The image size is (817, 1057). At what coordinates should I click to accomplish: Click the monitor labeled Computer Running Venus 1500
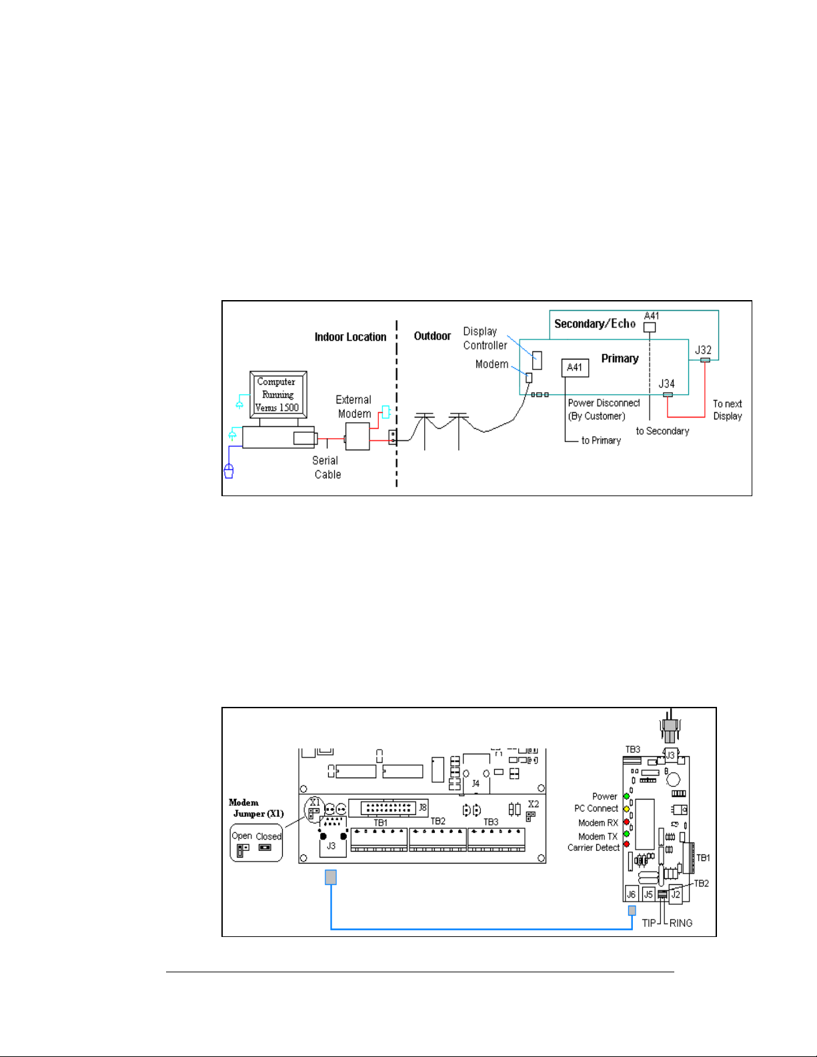tap(278, 395)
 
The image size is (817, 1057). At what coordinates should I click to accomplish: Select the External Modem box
tap(357, 437)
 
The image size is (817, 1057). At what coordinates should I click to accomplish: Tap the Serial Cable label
tap(327, 467)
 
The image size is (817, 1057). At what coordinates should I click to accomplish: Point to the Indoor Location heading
tap(350, 337)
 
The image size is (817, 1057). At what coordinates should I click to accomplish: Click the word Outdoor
tap(432, 336)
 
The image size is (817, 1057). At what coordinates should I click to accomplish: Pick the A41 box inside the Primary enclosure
tap(575, 367)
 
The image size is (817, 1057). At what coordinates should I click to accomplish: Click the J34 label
tap(667, 383)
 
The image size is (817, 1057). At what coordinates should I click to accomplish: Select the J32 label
tap(703, 349)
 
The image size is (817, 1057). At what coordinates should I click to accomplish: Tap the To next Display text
tap(727, 410)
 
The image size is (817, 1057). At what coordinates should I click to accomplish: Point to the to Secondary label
tap(662, 431)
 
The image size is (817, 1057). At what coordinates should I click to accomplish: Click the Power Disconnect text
tap(604, 403)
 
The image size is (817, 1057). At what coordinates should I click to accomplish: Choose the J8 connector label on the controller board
tap(423, 808)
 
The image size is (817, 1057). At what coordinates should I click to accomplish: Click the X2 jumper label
tap(533, 804)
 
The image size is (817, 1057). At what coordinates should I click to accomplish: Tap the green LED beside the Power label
tap(626, 796)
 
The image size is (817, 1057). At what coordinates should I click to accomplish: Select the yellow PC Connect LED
tap(626, 809)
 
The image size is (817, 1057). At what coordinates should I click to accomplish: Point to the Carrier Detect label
tap(593, 848)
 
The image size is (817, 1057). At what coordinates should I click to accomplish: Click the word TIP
tap(649, 923)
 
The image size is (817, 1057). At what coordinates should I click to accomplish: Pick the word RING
tap(680, 923)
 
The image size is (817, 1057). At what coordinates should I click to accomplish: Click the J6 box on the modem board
tap(631, 894)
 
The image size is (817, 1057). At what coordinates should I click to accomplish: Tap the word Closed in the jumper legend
tap(269, 836)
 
